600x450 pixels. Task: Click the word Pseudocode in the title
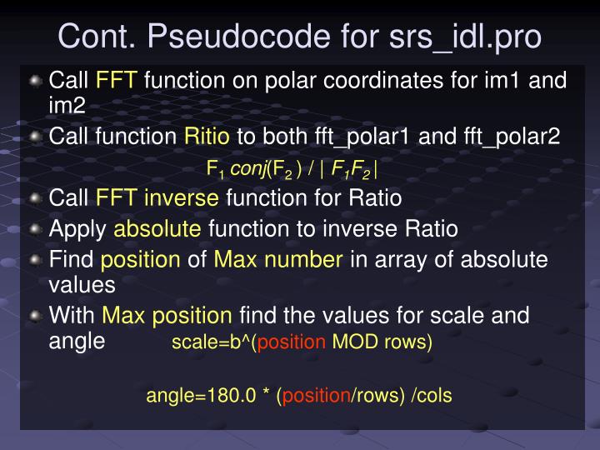pyautogui.click(x=210, y=37)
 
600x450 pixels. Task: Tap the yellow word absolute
pyautogui.click(x=157, y=228)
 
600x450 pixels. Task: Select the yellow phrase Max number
pyautogui.click(x=278, y=259)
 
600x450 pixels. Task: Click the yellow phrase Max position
pyautogui.click(x=167, y=316)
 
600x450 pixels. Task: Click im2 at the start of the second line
pyautogui.click(x=67, y=104)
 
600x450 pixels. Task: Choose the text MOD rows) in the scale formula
pyautogui.click(x=382, y=343)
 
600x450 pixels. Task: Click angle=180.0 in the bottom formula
pyautogui.click(x=201, y=395)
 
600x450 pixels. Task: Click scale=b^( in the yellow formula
pyautogui.click(x=214, y=343)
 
